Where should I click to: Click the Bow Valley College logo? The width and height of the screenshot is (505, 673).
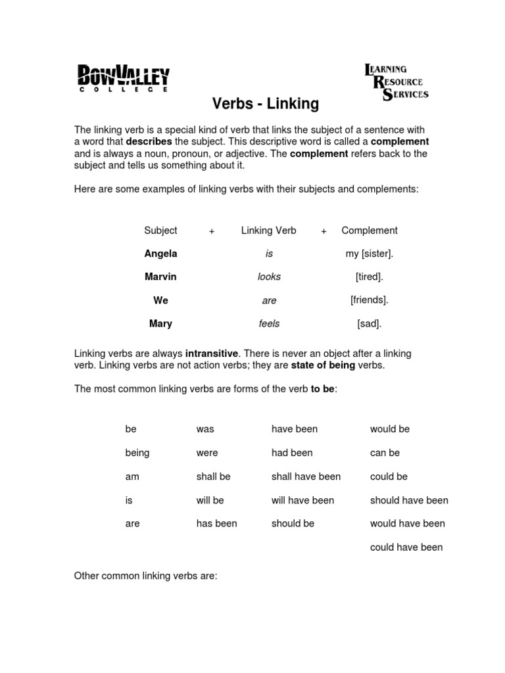tap(123, 78)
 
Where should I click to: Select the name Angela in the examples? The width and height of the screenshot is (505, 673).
tap(160, 254)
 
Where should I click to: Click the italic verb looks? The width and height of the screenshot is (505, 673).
tap(269, 277)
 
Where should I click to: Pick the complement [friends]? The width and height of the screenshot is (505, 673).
tap(369, 300)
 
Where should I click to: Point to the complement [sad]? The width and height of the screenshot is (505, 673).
tap(369, 323)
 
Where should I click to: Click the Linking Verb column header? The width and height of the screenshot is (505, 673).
tap(268, 230)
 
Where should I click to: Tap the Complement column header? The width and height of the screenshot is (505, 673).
tap(369, 230)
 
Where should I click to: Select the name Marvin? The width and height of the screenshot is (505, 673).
tap(160, 277)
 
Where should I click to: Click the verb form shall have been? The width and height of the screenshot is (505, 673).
tap(306, 476)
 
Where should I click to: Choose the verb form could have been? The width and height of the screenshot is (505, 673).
tap(406, 547)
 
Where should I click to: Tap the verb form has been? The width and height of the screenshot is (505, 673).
tap(216, 524)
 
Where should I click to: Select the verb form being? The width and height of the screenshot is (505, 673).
tap(137, 453)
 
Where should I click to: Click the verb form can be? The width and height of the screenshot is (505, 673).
tap(385, 453)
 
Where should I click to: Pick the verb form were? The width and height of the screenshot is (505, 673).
tap(206, 453)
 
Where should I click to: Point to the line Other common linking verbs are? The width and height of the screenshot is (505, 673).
tap(145, 576)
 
